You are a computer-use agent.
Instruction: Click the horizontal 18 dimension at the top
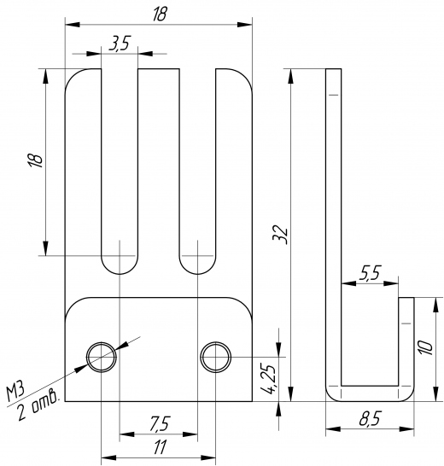(x=160, y=14)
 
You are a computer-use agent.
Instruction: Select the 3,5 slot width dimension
(x=120, y=44)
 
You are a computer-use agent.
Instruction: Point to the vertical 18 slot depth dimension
(x=35, y=160)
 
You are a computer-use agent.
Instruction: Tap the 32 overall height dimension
(x=280, y=236)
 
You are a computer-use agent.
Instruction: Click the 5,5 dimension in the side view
(x=370, y=272)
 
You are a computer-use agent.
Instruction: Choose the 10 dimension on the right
(x=425, y=347)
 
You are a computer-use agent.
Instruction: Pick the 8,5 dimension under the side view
(x=370, y=419)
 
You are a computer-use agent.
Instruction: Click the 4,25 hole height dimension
(x=270, y=379)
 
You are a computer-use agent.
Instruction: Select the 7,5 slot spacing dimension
(x=159, y=424)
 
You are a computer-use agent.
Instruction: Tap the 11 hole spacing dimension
(x=160, y=447)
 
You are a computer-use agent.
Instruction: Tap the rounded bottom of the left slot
(x=120, y=272)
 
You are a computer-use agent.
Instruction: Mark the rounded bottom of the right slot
(x=197, y=272)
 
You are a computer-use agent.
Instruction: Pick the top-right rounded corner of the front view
(x=246, y=75)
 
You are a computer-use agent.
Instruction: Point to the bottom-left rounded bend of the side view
(x=330, y=398)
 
